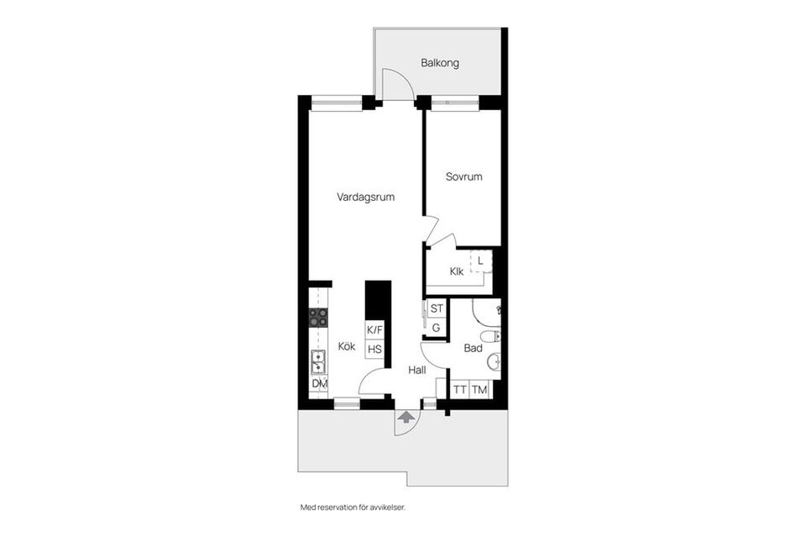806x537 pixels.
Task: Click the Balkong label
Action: (439, 63)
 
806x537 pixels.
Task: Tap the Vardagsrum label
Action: (365, 197)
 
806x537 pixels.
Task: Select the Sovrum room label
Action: (463, 177)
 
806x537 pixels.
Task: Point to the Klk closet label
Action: (457, 271)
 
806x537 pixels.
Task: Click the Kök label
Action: (347, 346)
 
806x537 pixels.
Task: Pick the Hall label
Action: (417, 370)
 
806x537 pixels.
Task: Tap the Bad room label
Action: (473, 348)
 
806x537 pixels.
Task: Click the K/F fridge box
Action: (374, 329)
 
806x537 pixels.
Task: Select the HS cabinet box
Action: (374, 350)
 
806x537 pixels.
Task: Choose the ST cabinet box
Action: (437, 308)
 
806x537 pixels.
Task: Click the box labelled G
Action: (437, 327)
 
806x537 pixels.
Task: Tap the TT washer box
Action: (459, 390)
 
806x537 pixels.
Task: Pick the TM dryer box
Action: (479, 390)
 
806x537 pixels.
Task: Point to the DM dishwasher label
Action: (319, 384)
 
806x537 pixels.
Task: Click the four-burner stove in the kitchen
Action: (318, 318)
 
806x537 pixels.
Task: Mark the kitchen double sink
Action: (318, 361)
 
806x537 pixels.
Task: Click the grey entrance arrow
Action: (406, 417)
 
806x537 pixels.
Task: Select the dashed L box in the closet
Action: (480, 261)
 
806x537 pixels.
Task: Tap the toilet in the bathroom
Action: (495, 337)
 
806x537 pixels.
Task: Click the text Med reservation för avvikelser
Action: (353, 508)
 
